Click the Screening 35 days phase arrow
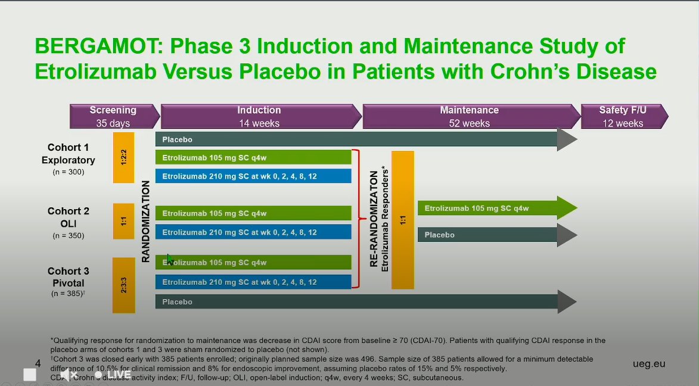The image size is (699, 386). (113, 116)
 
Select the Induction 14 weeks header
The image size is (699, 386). (259, 116)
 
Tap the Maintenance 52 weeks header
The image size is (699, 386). (470, 116)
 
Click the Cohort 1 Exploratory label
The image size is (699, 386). (68, 154)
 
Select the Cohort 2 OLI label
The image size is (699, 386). (68, 217)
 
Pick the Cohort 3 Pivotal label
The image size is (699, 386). (68, 277)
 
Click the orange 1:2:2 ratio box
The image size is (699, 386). (123, 157)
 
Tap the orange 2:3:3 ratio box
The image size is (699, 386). (123, 285)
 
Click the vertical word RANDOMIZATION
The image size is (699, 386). (146, 222)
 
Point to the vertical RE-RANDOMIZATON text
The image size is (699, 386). (374, 220)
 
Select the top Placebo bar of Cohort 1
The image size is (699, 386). (358, 139)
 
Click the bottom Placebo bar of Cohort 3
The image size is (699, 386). (358, 302)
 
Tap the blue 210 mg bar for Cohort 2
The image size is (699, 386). (253, 232)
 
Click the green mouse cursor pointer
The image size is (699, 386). (170, 259)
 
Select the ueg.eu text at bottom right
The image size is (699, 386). (649, 363)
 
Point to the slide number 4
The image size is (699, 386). (38, 363)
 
